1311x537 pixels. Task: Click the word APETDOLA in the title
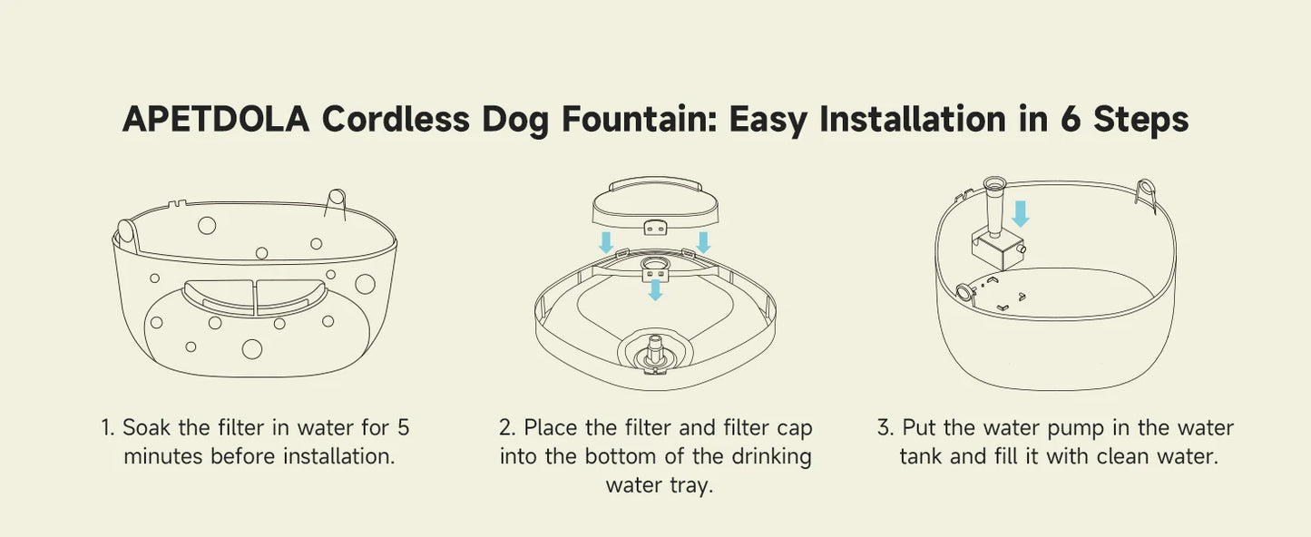tap(215, 120)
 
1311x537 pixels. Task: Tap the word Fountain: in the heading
tap(640, 120)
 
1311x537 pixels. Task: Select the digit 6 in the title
tap(1071, 120)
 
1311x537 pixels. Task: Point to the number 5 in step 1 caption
tap(403, 427)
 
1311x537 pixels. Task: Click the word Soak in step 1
tap(146, 427)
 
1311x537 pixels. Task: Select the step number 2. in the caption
tap(507, 427)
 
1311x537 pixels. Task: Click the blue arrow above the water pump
tap(1020, 213)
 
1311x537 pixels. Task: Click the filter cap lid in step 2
tap(655, 206)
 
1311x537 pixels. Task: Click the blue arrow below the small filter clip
tap(655, 290)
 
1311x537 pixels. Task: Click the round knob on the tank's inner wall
tap(964, 291)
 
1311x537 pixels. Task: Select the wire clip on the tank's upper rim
tap(1146, 195)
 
